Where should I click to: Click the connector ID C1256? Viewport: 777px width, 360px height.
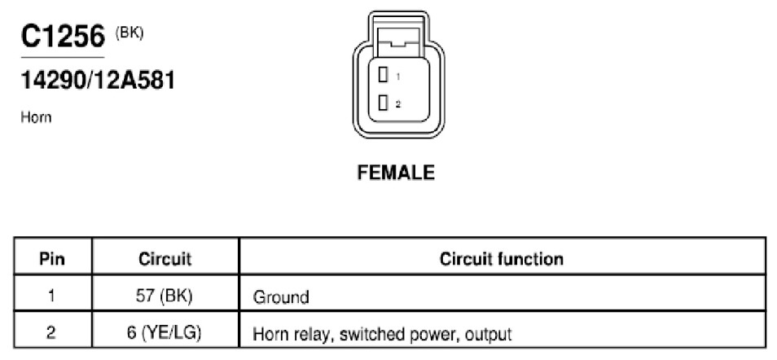point(63,36)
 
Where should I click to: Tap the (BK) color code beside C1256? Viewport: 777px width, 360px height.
point(129,33)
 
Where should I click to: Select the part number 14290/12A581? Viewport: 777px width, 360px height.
point(98,81)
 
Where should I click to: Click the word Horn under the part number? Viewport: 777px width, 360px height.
point(36,117)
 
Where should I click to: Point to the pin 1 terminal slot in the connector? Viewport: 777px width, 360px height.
point(383,76)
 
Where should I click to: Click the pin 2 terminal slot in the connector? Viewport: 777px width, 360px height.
point(383,103)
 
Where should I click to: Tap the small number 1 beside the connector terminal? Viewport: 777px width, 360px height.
point(398,77)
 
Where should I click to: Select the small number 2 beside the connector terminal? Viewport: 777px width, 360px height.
point(398,104)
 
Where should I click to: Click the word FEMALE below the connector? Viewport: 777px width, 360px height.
point(396,173)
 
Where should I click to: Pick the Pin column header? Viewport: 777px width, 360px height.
point(52,259)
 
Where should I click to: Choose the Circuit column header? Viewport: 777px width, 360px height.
point(165,259)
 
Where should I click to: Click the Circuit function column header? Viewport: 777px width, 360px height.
point(502,259)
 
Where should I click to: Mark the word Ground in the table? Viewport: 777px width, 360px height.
point(281,297)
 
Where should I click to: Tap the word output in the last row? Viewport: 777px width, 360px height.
point(489,335)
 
